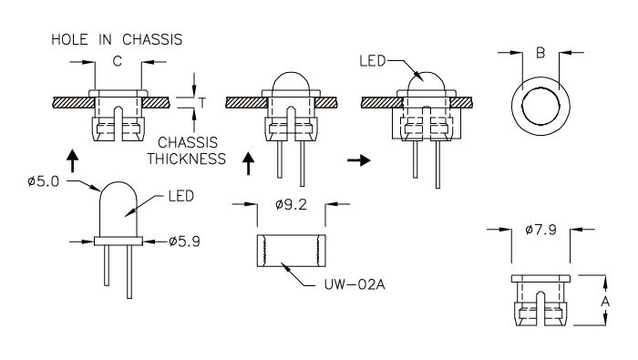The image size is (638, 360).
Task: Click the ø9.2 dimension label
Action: click(291, 204)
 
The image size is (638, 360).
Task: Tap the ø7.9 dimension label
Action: click(540, 230)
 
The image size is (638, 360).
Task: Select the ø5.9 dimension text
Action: click(184, 242)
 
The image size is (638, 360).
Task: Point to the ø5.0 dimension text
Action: click(43, 181)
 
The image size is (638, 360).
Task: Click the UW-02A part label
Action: click(355, 284)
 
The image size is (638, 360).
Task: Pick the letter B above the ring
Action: click(540, 53)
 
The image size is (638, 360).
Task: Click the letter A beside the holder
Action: click(605, 302)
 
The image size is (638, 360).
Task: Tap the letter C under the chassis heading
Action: click(118, 61)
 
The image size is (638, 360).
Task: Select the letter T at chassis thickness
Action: click(202, 103)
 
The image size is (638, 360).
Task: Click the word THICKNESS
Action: click(186, 159)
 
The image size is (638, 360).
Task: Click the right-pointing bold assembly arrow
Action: click(359, 160)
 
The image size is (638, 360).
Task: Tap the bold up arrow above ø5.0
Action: click(72, 160)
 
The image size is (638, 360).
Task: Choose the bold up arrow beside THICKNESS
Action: click(248, 163)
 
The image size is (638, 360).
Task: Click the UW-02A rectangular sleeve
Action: click(291, 251)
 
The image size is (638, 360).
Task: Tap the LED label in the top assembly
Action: click(372, 61)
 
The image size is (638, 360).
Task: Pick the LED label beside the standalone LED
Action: click(181, 196)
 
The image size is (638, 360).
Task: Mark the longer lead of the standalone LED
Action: click(129, 272)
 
